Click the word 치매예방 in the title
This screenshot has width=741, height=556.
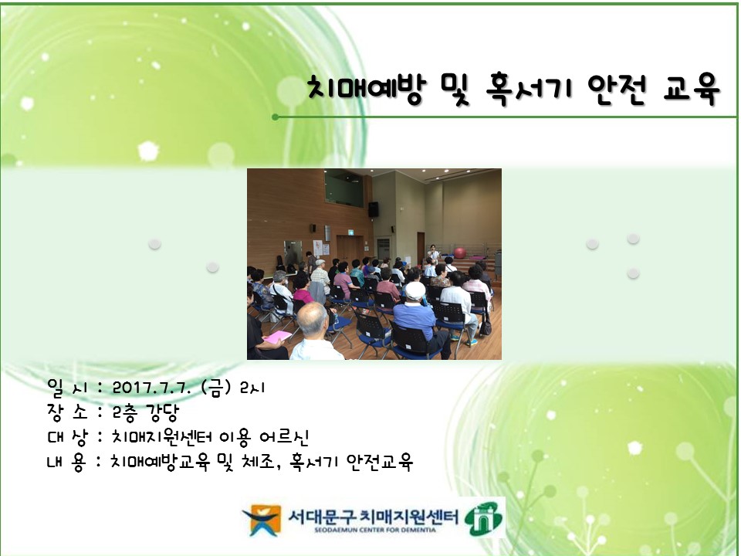click(x=366, y=90)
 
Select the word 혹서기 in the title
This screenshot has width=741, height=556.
click(x=528, y=90)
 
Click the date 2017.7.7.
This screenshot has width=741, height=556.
click(x=151, y=388)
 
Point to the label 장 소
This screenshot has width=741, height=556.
click(x=68, y=412)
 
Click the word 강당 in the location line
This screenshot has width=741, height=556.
click(x=162, y=412)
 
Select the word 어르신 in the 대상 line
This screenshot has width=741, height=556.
click(x=284, y=437)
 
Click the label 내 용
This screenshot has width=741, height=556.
click(x=66, y=462)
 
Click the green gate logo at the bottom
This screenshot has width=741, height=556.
click(x=483, y=519)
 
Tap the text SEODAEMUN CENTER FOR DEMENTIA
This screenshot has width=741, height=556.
click(x=375, y=530)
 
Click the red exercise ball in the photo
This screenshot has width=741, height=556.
click(x=459, y=253)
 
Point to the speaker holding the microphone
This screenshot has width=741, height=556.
click(x=432, y=253)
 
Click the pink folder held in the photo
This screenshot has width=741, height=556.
click(x=277, y=337)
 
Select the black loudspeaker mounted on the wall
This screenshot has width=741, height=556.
click(x=374, y=209)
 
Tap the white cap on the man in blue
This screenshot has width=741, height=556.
click(x=415, y=290)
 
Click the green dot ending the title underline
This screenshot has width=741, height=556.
click(x=276, y=117)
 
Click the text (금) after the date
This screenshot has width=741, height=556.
click(x=216, y=388)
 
